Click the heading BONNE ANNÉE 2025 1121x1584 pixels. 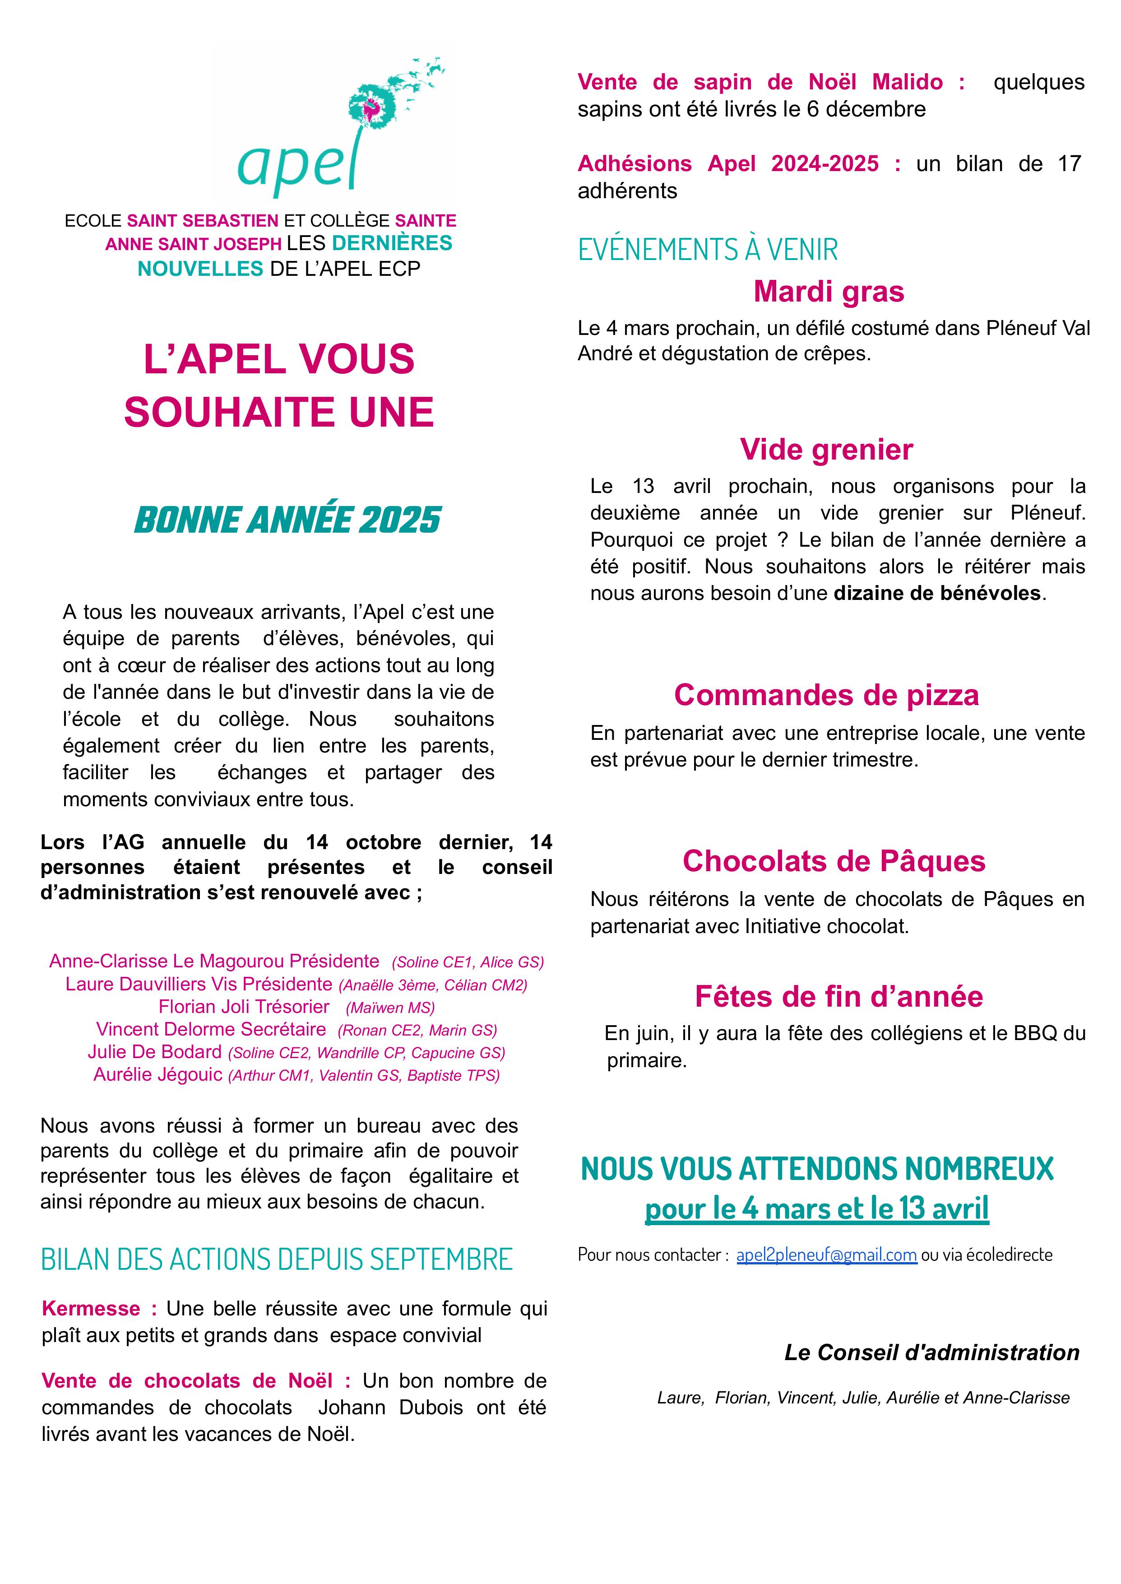click(287, 520)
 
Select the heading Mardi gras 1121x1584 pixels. click(828, 292)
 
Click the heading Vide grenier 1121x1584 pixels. click(826, 450)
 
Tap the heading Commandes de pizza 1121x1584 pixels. click(826, 695)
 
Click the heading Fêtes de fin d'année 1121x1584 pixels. click(838, 996)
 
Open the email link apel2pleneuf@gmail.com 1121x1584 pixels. click(826, 1254)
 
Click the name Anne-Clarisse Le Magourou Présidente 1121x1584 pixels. click(214, 961)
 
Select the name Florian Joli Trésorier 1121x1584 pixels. click(244, 1007)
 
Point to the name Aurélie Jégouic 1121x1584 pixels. click(158, 1074)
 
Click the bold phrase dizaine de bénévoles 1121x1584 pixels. click(937, 593)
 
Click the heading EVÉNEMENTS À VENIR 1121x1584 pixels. click(708, 249)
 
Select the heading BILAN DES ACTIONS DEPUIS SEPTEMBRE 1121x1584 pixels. click(277, 1259)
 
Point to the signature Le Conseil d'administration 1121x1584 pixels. click(931, 1353)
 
